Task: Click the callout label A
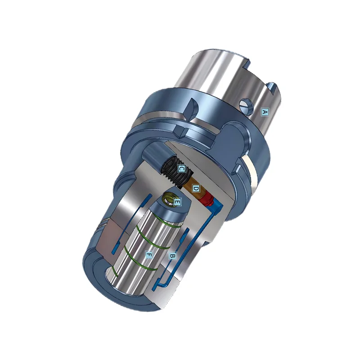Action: coord(265,111)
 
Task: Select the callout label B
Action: coord(172,256)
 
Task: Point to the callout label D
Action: coord(195,188)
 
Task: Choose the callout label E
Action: coord(177,202)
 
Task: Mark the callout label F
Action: coord(149,255)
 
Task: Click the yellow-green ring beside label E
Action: coord(168,197)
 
